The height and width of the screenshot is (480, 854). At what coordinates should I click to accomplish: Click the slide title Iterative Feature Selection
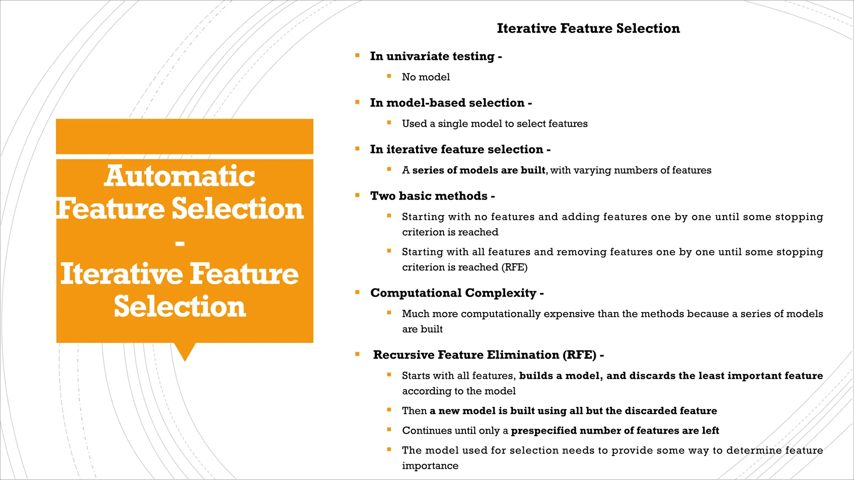pyautogui.click(x=588, y=28)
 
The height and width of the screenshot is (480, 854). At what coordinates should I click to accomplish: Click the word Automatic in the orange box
pyautogui.click(x=179, y=176)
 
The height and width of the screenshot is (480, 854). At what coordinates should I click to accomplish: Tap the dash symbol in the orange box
pyautogui.click(x=180, y=243)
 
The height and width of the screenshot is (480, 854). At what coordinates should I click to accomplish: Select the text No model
pyautogui.click(x=426, y=77)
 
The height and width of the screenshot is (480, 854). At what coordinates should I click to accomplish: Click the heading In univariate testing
pyautogui.click(x=435, y=56)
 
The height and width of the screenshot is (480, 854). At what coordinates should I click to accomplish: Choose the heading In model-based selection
pyautogui.click(x=450, y=103)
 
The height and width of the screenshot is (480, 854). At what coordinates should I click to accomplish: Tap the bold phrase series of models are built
pyautogui.click(x=479, y=170)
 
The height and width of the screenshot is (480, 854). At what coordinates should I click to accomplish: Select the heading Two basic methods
pyautogui.click(x=432, y=196)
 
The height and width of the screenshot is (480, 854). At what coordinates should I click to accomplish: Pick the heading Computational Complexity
pyautogui.click(x=456, y=293)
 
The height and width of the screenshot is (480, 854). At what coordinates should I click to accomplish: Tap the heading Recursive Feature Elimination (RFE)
pyautogui.click(x=488, y=355)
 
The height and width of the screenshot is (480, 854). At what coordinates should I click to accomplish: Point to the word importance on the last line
pyautogui.click(x=430, y=466)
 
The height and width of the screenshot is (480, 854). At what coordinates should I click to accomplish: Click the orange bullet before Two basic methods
pyautogui.click(x=357, y=195)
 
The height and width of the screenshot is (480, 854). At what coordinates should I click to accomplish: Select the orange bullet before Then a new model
pyautogui.click(x=389, y=410)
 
